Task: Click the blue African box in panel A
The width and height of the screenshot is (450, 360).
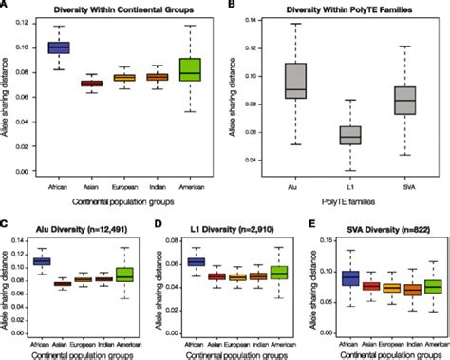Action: click(x=59, y=47)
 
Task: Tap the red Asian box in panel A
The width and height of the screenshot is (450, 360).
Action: click(x=92, y=84)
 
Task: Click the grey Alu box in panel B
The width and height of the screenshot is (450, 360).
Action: click(x=296, y=82)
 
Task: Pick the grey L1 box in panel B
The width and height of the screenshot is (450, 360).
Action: click(x=350, y=135)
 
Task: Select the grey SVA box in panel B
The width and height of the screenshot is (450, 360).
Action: click(x=404, y=98)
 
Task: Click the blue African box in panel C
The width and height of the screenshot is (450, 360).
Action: click(x=41, y=260)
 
